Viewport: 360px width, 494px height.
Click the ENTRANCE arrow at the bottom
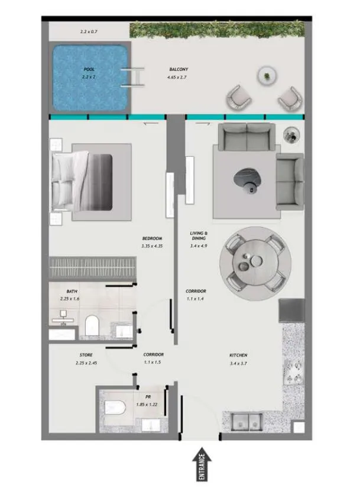201,465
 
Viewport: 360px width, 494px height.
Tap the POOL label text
89,70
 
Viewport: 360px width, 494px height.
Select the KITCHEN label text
238,355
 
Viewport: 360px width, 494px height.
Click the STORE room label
86,355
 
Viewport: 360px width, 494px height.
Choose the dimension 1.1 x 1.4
196,299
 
